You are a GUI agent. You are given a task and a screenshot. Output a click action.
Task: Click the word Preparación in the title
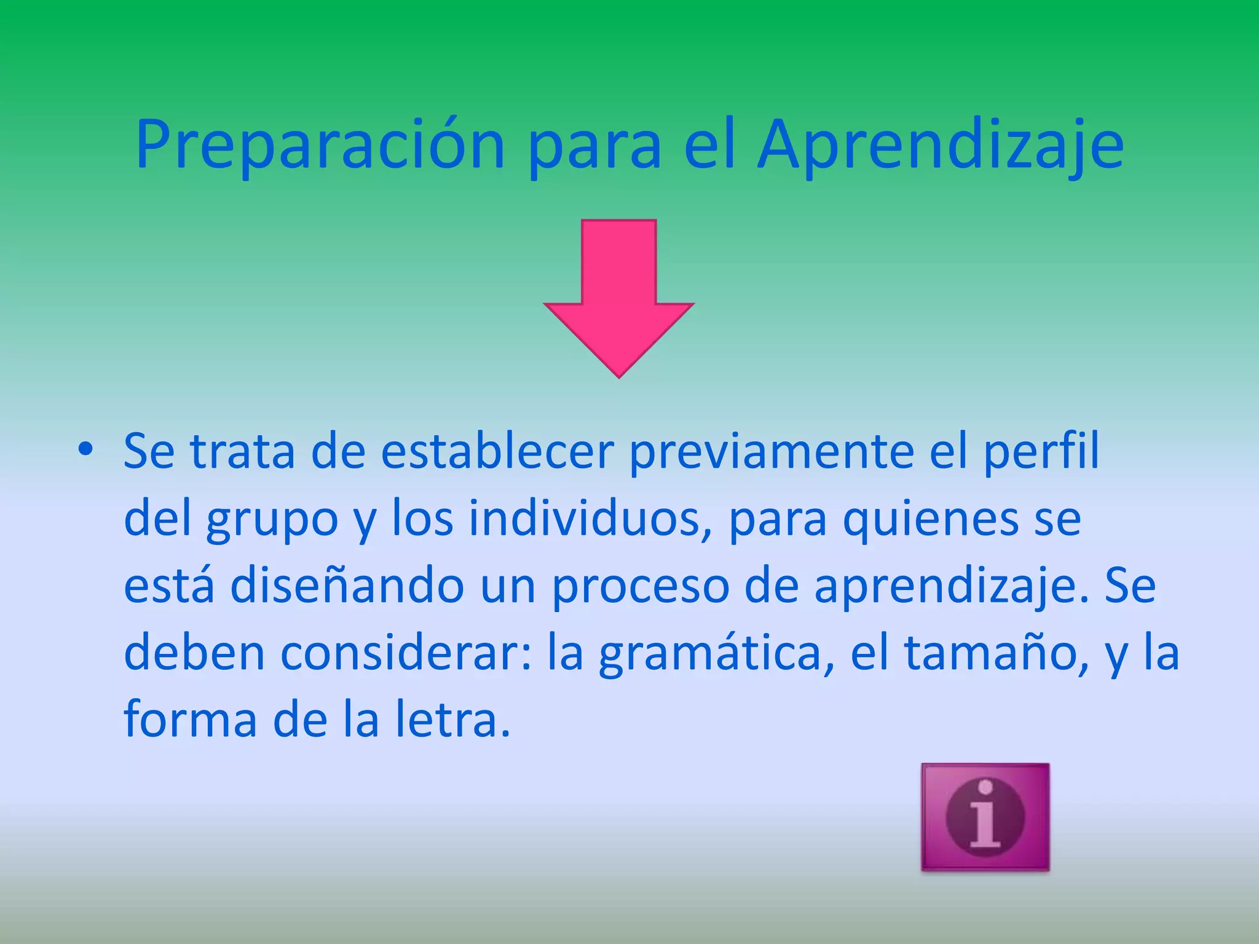(x=320, y=146)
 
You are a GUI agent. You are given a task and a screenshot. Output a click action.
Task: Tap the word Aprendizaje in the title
(x=941, y=146)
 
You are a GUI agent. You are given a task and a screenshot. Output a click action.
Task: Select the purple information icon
(x=985, y=817)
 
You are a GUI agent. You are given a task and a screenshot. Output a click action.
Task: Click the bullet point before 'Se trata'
(x=85, y=450)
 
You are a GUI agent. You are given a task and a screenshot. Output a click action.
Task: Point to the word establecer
(x=497, y=452)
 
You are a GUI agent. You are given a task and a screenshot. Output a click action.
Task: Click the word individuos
(x=584, y=519)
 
